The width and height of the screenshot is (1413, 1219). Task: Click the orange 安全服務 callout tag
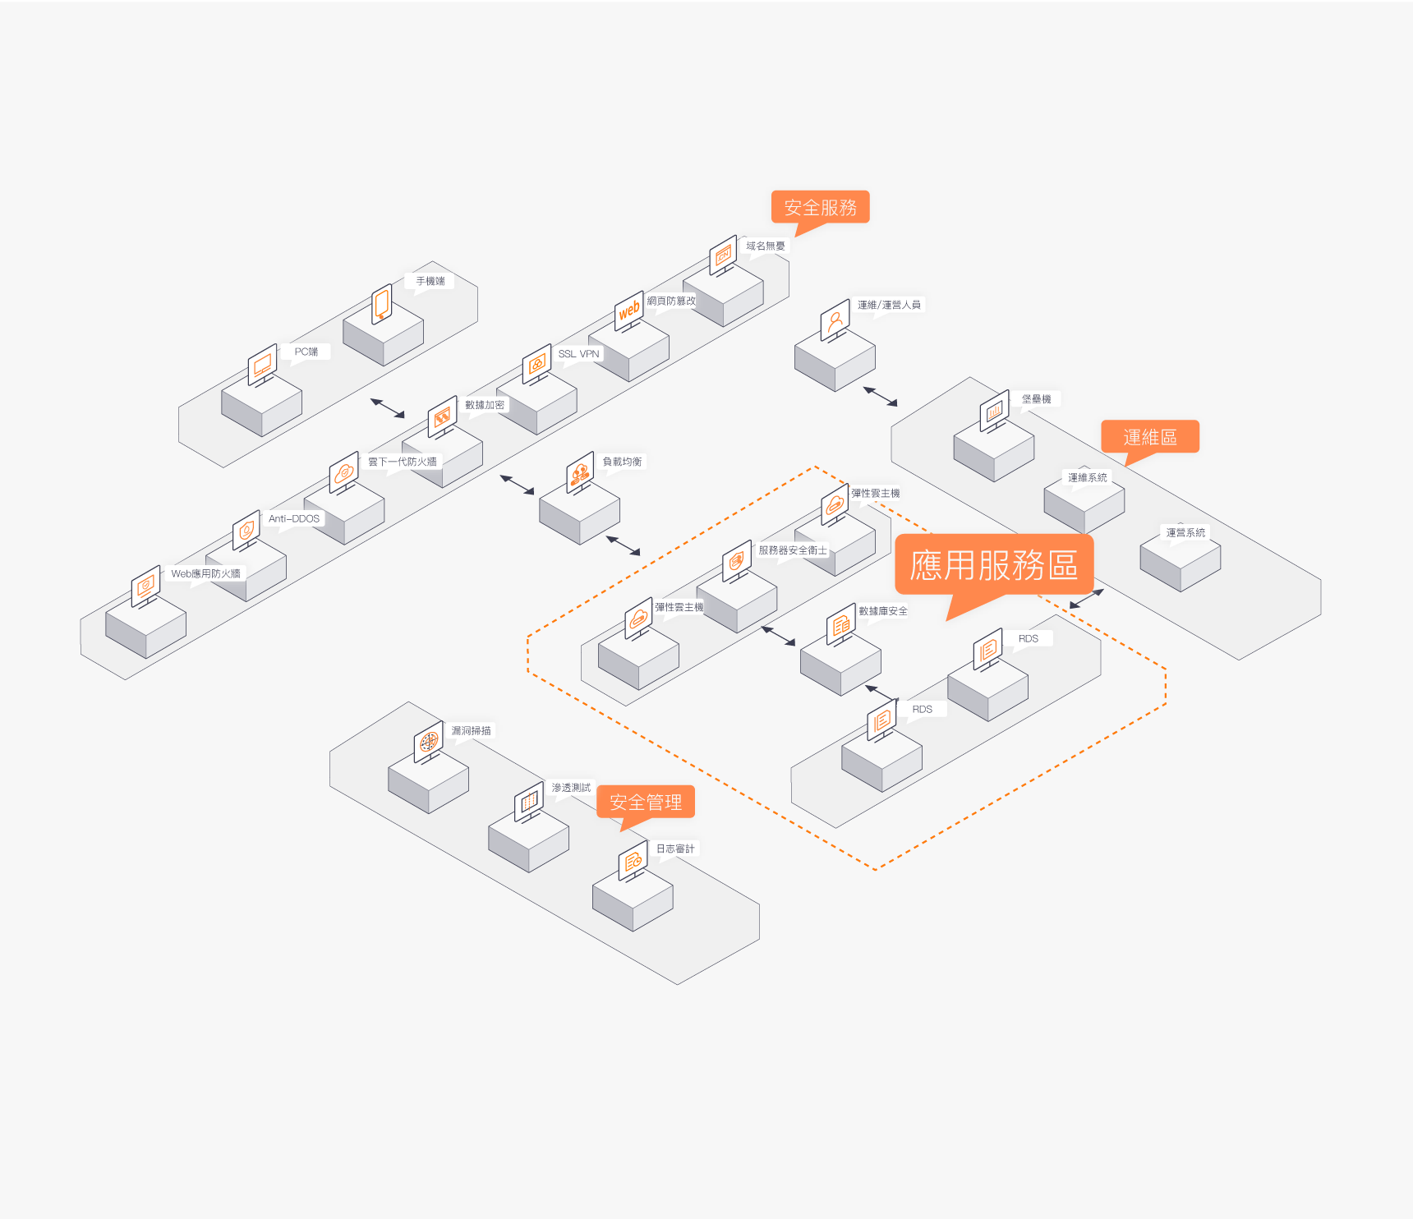[820, 208]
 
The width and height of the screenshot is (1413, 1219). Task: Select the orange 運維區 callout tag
[1150, 437]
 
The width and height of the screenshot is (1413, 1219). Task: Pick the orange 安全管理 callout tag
[646, 802]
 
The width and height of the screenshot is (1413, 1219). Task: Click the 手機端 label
[430, 281]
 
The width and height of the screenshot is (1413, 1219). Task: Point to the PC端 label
[306, 352]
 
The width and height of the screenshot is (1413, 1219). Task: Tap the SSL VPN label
[579, 354]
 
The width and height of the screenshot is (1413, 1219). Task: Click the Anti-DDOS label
[294, 518]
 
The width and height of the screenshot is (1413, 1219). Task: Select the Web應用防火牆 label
[205, 573]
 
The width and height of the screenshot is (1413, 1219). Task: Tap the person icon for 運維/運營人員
[835, 320]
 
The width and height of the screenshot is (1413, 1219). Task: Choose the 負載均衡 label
[623, 462]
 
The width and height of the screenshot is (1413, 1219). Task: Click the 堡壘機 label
[1037, 399]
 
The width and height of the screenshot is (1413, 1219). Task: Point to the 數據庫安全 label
[883, 611]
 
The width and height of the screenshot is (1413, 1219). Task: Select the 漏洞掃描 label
[472, 730]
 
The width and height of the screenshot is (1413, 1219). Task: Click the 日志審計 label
[675, 849]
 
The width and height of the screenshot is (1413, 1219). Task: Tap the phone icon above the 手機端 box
[381, 304]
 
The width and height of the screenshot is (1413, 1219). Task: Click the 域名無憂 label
[766, 246]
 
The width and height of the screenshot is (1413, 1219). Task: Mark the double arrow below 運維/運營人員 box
[880, 397]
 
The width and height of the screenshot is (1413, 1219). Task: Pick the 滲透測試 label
[571, 788]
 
